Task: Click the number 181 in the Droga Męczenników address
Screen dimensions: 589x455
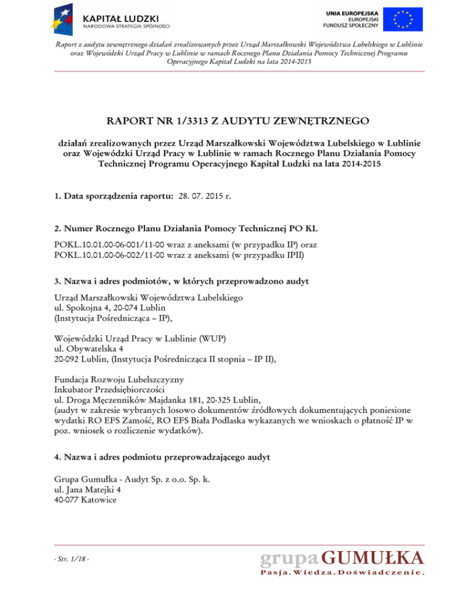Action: [x=192, y=399]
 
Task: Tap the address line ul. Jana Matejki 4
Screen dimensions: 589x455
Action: [x=87, y=489]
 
